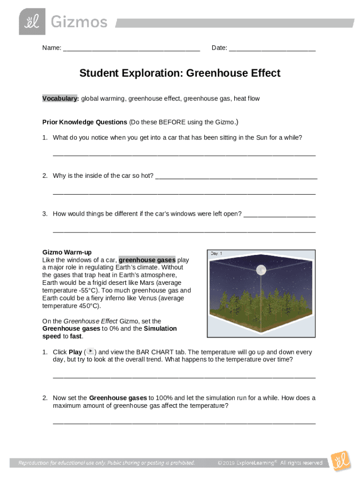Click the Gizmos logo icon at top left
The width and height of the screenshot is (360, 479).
(32, 22)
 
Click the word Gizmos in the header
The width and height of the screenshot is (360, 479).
(79, 22)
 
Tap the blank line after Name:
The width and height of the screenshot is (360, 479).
(131, 48)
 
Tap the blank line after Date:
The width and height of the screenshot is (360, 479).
(272, 48)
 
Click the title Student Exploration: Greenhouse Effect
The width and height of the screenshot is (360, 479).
(180, 73)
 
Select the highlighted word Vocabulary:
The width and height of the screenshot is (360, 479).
(60, 99)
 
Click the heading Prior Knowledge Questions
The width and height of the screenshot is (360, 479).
(85, 122)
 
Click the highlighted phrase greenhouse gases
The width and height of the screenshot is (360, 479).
(147, 260)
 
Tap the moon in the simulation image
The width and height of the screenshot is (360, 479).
(261, 269)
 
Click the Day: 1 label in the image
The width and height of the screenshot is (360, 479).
(216, 254)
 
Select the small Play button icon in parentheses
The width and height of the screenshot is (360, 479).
(91, 352)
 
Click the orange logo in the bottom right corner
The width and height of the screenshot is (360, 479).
(340, 460)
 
